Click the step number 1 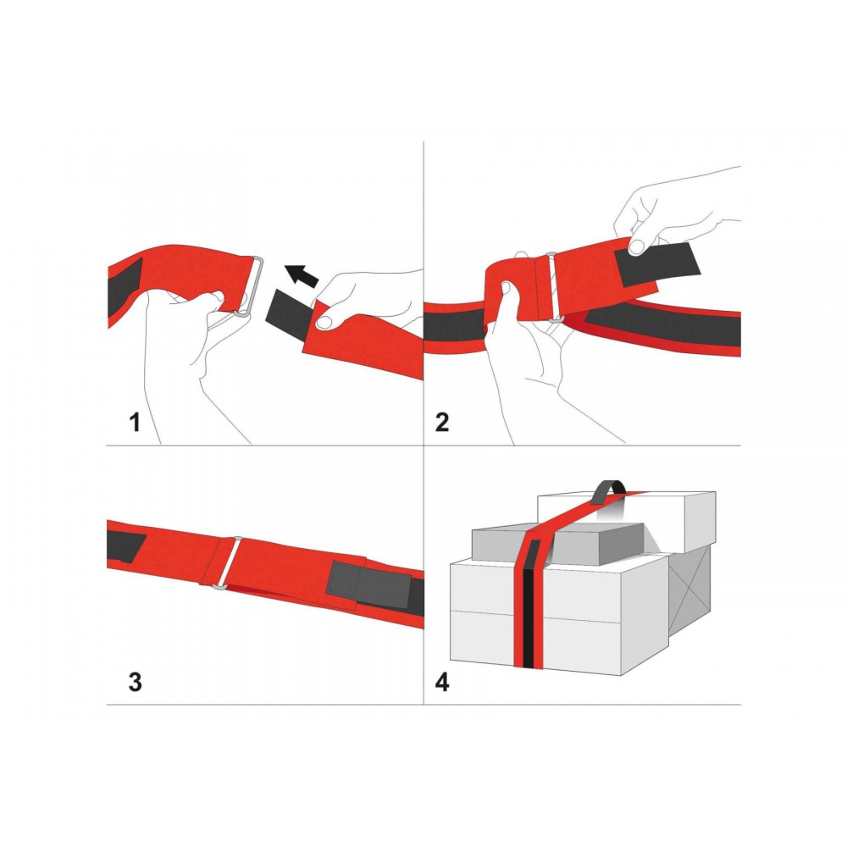(x=135, y=422)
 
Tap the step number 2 (x=442, y=422)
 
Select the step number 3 (x=135, y=682)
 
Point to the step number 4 (x=442, y=682)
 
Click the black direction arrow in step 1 (x=302, y=275)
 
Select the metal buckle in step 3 (x=230, y=562)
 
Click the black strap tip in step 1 (x=288, y=313)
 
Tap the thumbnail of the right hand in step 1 (x=324, y=323)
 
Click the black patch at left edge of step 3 (x=126, y=546)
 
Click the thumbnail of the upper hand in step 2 (x=638, y=246)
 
